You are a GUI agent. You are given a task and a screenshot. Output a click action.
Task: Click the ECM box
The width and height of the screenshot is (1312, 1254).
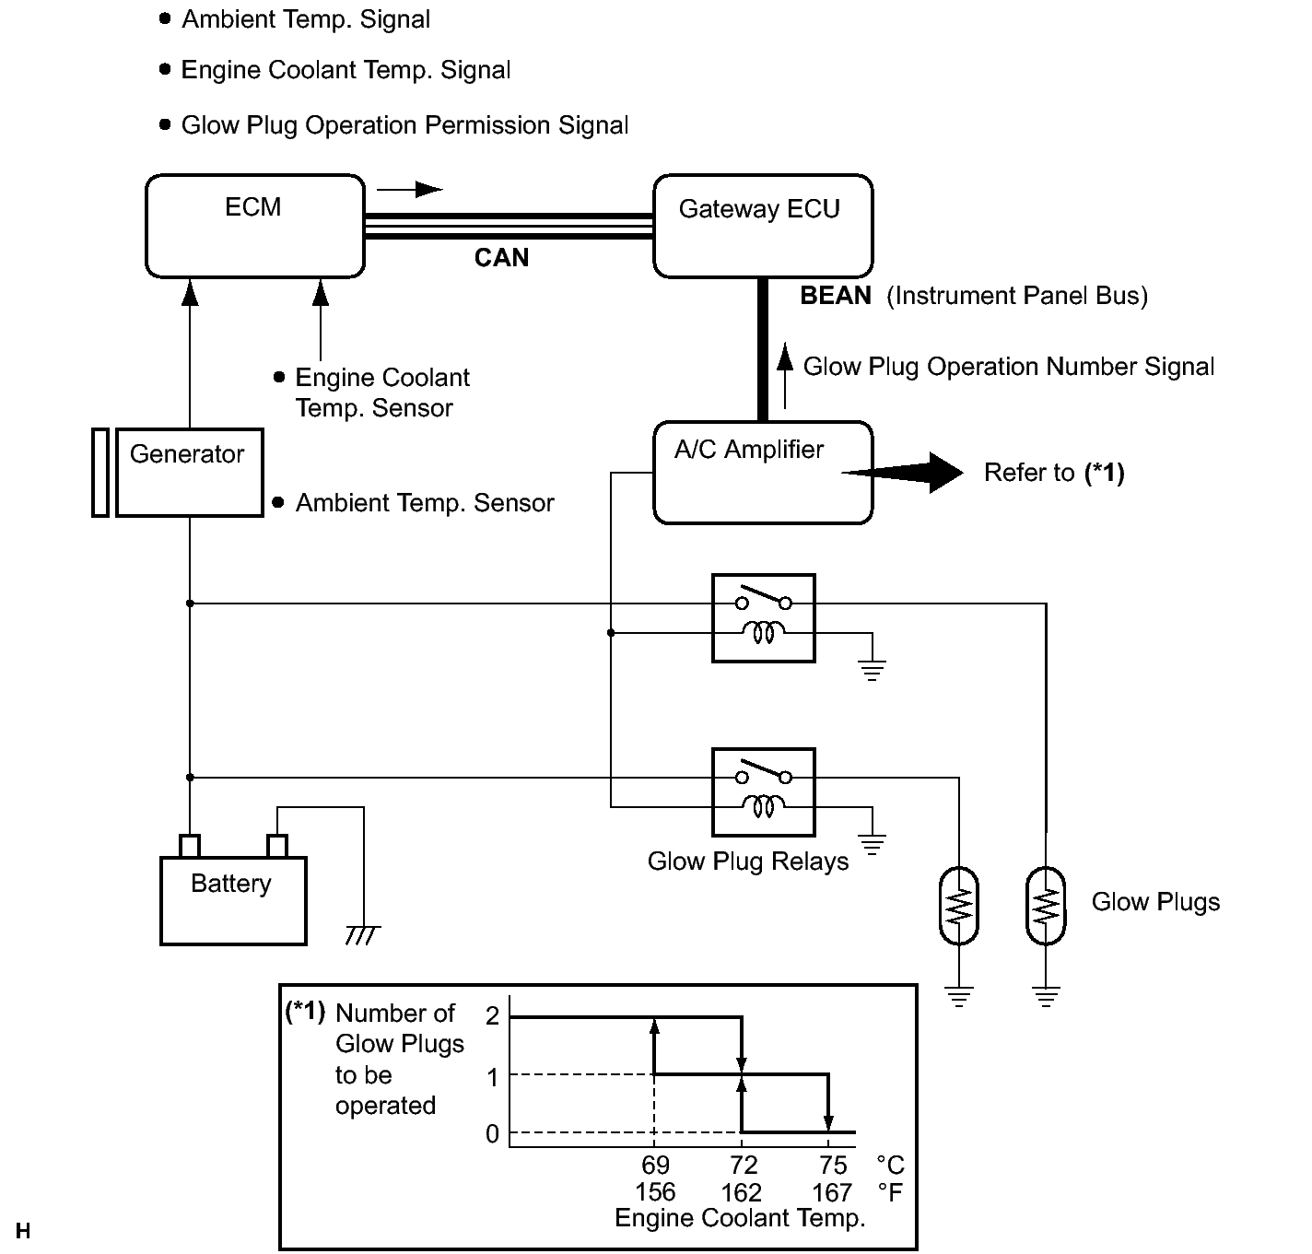(x=255, y=226)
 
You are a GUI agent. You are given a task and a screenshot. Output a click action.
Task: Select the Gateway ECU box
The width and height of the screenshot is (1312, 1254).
(x=763, y=226)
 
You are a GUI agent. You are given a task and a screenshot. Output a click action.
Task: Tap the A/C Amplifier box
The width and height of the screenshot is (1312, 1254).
(x=763, y=473)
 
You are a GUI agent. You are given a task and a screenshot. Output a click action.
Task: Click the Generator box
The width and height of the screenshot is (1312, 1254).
(x=190, y=473)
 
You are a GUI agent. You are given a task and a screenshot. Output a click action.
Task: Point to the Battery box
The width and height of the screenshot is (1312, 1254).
(x=233, y=901)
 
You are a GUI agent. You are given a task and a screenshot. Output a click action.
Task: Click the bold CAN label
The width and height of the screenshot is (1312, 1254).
(x=501, y=258)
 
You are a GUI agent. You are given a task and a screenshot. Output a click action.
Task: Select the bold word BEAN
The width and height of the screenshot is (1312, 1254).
(x=836, y=295)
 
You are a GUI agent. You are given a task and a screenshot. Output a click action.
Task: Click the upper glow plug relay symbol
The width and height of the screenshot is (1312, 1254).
(x=763, y=618)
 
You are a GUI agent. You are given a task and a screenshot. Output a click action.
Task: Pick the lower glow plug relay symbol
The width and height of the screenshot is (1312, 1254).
(x=763, y=792)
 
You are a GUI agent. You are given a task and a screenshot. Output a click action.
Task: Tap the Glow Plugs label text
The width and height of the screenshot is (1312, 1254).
(x=1155, y=902)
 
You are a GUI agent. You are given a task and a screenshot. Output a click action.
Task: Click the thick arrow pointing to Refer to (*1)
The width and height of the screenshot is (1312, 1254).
(x=902, y=473)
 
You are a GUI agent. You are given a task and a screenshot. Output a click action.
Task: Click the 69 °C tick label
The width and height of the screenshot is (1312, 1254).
(x=655, y=1165)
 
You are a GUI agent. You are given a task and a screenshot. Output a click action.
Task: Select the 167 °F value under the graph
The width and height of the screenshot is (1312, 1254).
(x=832, y=1192)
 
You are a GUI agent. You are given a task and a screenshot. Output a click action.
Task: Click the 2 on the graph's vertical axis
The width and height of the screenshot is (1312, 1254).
(x=492, y=1015)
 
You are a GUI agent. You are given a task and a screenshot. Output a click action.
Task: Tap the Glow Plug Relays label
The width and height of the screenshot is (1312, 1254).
(x=748, y=861)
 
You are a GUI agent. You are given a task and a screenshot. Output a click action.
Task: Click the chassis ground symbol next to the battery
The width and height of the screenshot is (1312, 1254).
(x=363, y=935)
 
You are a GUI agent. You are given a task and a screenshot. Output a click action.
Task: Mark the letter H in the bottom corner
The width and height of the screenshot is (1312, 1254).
(x=23, y=1231)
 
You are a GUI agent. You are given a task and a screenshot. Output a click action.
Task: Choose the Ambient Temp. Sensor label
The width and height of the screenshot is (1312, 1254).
(x=425, y=503)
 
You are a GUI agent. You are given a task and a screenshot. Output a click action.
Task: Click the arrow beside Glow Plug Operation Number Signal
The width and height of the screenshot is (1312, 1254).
(x=784, y=376)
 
